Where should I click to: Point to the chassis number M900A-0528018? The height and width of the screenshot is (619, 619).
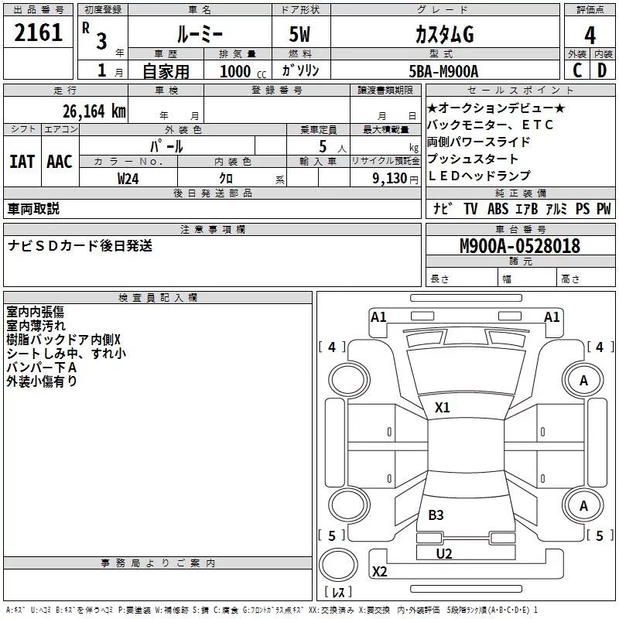[x=520, y=246]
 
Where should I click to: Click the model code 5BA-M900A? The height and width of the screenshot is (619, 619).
[x=443, y=70]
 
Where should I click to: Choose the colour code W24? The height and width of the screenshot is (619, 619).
[x=128, y=178]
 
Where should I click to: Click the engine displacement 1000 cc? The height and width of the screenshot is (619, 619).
[x=242, y=71]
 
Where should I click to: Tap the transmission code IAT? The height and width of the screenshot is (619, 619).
[x=22, y=161]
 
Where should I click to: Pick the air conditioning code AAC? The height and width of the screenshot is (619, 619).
[x=60, y=161]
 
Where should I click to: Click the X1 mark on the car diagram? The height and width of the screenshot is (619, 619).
[x=442, y=407]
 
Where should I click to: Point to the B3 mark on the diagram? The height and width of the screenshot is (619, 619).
[x=436, y=515]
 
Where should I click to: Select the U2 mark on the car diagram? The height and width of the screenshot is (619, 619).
[x=443, y=553]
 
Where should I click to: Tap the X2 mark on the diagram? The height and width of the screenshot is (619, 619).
[x=379, y=572]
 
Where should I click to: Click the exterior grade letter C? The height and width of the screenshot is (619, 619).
[x=576, y=70]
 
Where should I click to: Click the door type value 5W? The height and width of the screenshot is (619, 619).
[x=300, y=35]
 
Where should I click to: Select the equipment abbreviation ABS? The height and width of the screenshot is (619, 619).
[x=498, y=208]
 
